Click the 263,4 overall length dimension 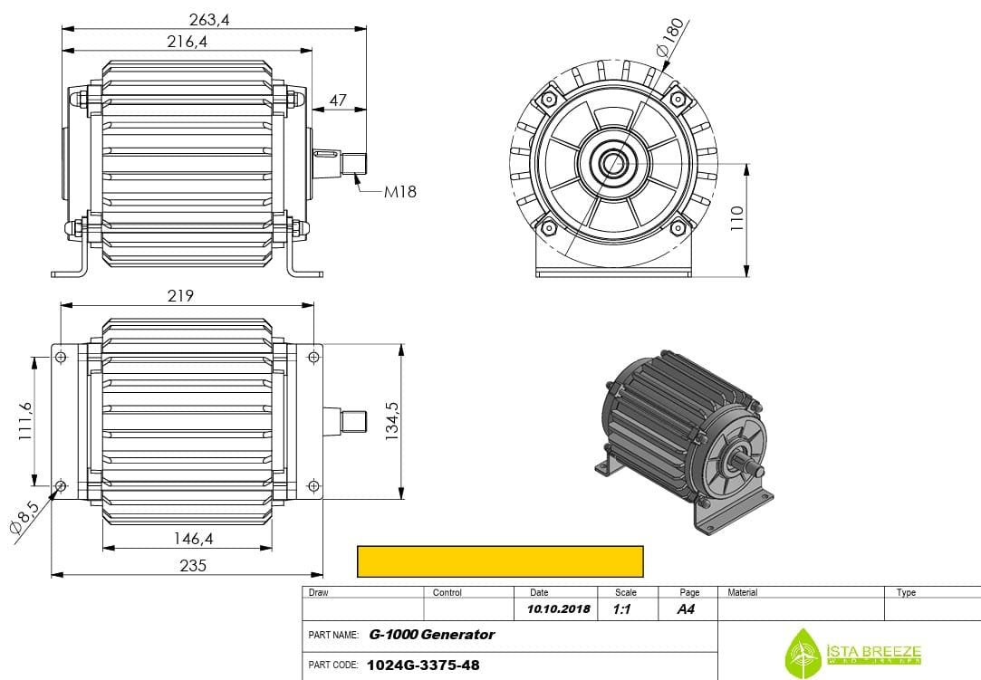tap(209, 19)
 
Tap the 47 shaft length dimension tap(338, 100)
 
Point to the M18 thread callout tap(399, 192)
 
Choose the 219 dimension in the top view tap(180, 296)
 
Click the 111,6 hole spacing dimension tap(24, 421)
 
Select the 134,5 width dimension tap(392, 421)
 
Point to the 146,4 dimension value tap(193, 539)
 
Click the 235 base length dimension tap(193, 565)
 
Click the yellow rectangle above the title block tap(500, 561)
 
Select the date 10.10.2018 tap(558, 609)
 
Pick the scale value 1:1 tap(621, 609)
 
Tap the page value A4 tap(686, 609)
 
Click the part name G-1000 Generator tap(432, 635)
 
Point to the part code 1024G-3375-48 tap(423, 666)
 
